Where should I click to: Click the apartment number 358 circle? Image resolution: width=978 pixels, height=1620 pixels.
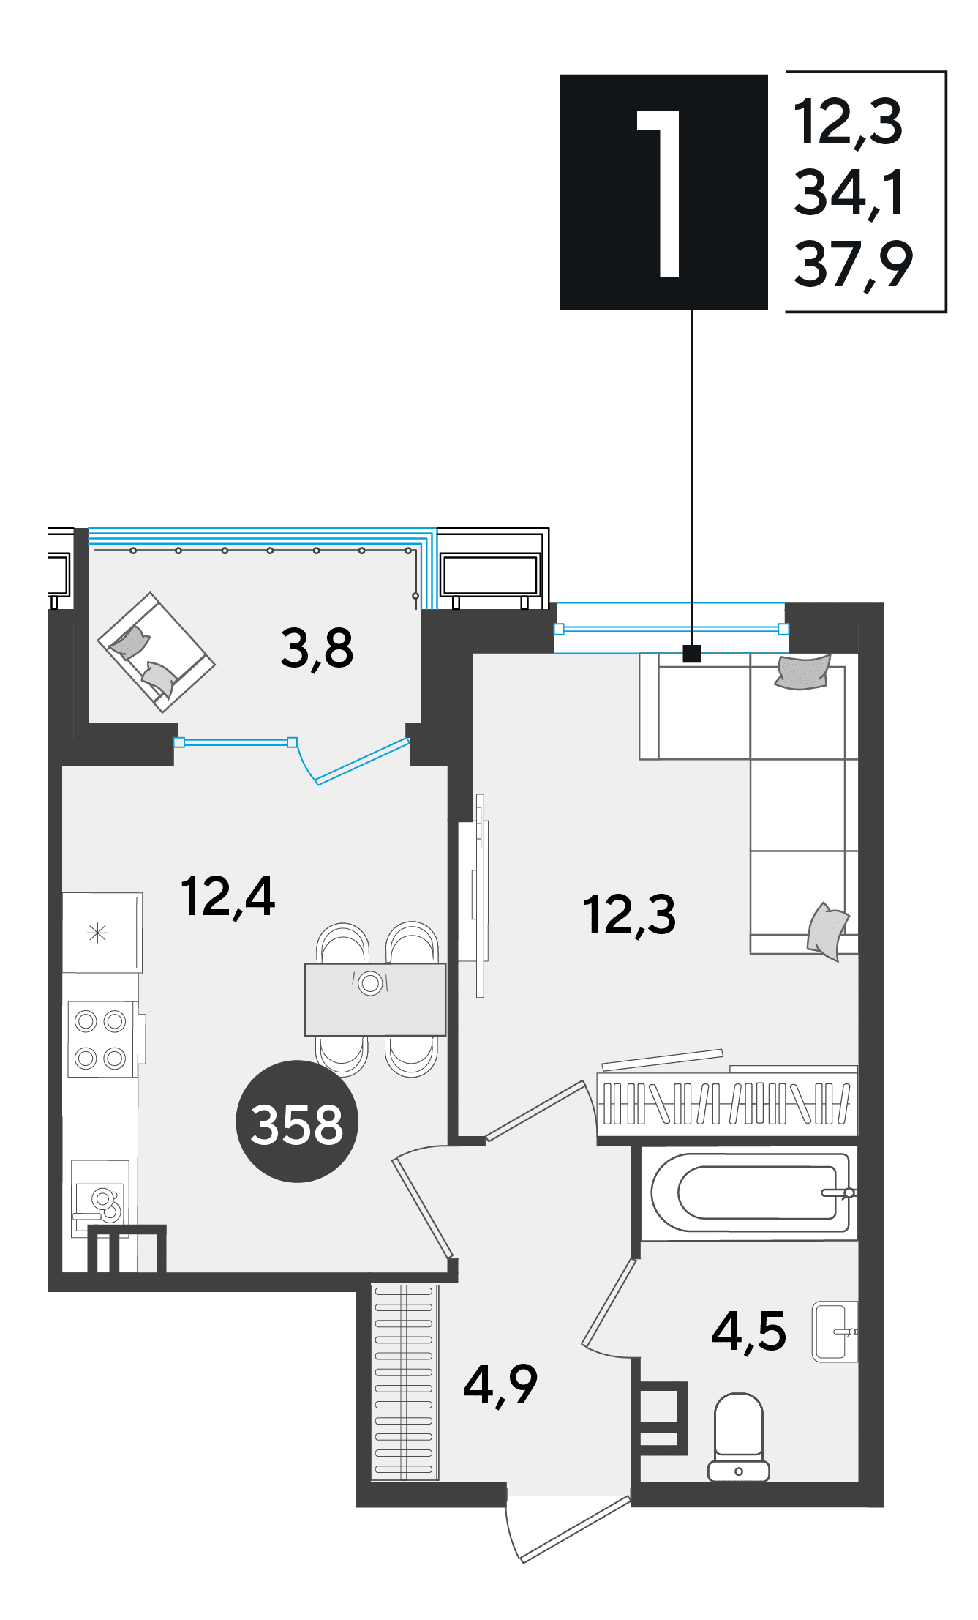click(296, 1121)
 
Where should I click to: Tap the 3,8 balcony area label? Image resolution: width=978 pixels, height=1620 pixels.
click(317, 649)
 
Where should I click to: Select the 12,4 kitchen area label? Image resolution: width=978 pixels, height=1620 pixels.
click(227, 897)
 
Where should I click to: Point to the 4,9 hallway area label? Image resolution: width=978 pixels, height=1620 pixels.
click(500, 1384)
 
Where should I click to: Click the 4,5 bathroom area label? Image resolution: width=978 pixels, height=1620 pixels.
click(749, 1331)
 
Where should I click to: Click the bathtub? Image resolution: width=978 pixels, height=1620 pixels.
click(750, 1193)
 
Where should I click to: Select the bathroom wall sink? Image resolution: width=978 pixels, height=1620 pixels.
click(835, 1332)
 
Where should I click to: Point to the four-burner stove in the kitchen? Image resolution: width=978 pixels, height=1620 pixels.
click(102, 1039)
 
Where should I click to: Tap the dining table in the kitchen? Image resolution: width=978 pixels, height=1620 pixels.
click(375, 999)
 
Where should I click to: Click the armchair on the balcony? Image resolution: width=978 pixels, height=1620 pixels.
click(157, 652)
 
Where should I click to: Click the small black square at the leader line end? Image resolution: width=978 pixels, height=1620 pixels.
click(692, 653)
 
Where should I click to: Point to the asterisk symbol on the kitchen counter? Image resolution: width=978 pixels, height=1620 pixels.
click(98, 933)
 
